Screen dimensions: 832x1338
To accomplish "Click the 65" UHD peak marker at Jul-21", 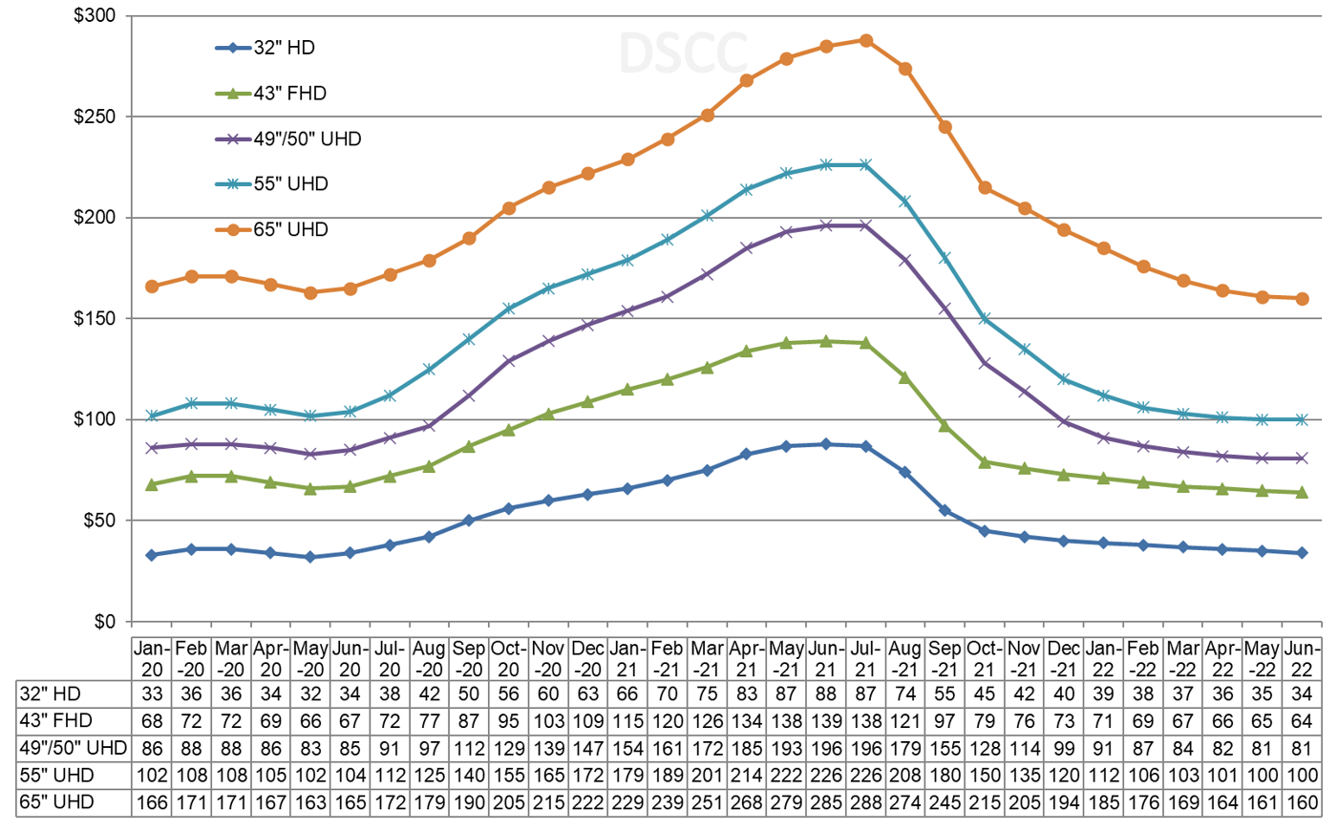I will (865, 40).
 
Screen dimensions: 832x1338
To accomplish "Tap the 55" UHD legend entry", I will (272, 184).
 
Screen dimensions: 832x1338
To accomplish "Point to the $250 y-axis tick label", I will (95, 117).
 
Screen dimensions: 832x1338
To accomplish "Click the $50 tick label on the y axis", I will (98, 521).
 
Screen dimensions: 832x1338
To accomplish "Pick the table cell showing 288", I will (865, 802).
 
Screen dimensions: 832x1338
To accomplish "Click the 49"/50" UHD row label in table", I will (73, 748).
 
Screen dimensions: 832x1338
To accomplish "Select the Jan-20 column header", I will (152, 659).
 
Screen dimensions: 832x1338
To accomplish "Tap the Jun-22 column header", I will (1302, 659).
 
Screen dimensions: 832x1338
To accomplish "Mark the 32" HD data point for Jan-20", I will (152, 555).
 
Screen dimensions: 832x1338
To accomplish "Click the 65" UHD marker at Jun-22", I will (1302, 299).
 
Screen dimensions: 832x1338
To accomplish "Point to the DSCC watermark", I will (682, 53).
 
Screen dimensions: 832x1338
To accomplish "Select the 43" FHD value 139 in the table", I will (825, 721).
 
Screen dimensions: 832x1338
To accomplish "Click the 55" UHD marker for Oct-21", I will (985, 318).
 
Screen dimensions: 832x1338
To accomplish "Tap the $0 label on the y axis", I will (105, 622).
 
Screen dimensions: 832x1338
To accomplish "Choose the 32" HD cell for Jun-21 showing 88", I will (825, 694).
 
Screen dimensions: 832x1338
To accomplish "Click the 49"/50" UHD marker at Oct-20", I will (509, 361).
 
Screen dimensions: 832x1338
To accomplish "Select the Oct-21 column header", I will (985, 659).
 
